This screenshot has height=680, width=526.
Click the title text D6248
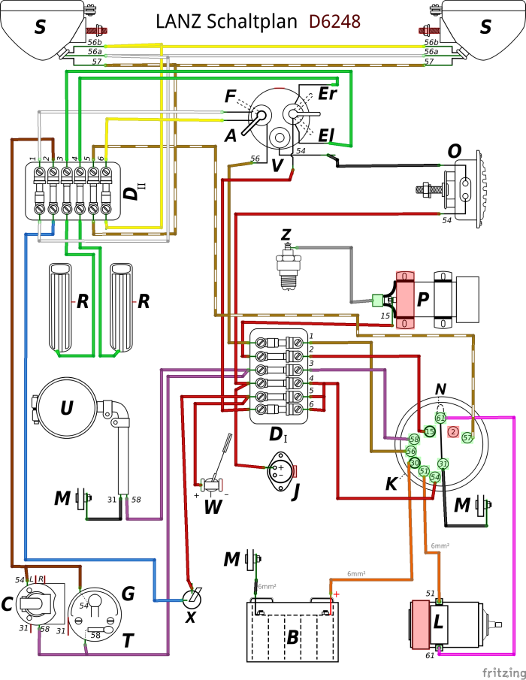coord(334,21)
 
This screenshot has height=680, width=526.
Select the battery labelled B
coord(292,631)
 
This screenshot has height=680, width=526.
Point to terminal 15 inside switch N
coord(429,431)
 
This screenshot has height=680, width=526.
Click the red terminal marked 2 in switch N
coord(453,431)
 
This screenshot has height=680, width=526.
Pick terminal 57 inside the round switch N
coord(467,437)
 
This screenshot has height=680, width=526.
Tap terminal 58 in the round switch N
coord(415,440)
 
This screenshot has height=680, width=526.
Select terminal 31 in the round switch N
coord(443,464)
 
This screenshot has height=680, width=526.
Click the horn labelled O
coord(455,189)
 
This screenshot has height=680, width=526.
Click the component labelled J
coord(281,470)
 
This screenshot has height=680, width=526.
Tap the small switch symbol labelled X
coord(192,599)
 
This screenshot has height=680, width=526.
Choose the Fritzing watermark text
coord(504,672)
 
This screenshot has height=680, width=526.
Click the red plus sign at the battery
coord(336,594)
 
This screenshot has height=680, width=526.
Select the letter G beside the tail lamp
coord(128,594)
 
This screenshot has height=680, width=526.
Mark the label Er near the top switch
coord(328,93)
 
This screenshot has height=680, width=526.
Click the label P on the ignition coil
coord(422,299)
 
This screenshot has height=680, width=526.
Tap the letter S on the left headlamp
coord(40,27)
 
